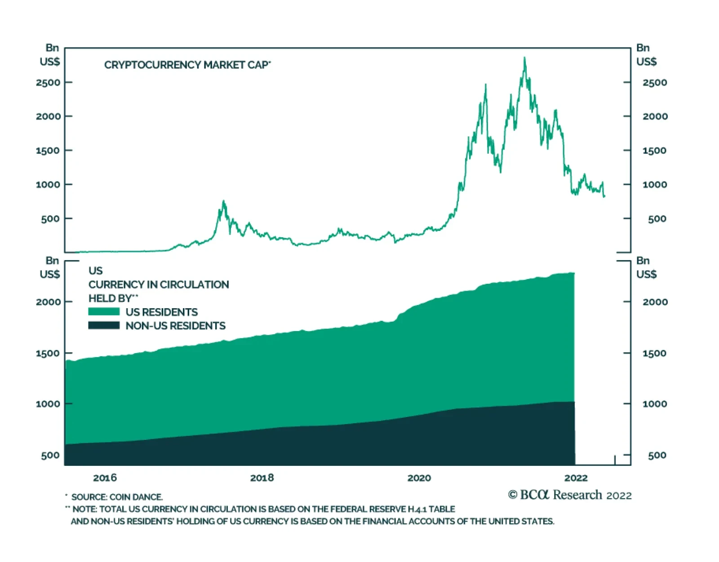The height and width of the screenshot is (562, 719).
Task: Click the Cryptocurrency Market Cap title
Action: tap(187, 65)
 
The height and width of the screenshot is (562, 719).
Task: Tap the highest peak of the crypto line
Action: tap(524, 58)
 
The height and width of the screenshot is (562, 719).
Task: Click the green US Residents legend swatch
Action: tap(104, 312)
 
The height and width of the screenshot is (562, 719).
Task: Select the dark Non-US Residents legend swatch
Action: tap(104, 326)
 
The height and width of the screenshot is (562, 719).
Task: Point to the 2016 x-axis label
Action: tap(105, 478)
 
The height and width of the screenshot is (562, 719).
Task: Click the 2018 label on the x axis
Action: tap(262, 478)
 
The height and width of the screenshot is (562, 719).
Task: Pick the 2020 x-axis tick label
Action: tap(419, 478)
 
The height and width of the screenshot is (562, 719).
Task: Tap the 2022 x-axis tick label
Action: tap(576, 478)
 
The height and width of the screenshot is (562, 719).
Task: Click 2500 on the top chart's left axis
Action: tap(48, 83)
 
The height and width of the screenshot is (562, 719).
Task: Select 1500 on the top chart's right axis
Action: tap(654, 150)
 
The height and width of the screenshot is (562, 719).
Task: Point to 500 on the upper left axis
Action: tap(51, 219)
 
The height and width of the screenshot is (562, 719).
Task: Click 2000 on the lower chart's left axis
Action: tap(48, 302)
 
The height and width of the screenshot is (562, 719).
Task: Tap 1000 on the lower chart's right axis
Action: tap(654, 404)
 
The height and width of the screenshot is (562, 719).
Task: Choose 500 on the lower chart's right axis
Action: tap(657, 455)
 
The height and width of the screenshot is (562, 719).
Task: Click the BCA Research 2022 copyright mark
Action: tap(569, 495)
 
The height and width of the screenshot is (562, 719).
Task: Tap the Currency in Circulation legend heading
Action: tap(159, 284)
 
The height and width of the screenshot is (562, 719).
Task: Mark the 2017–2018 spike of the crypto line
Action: tap(223, 202)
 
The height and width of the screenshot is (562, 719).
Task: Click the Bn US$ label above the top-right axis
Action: tap(646, 54)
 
